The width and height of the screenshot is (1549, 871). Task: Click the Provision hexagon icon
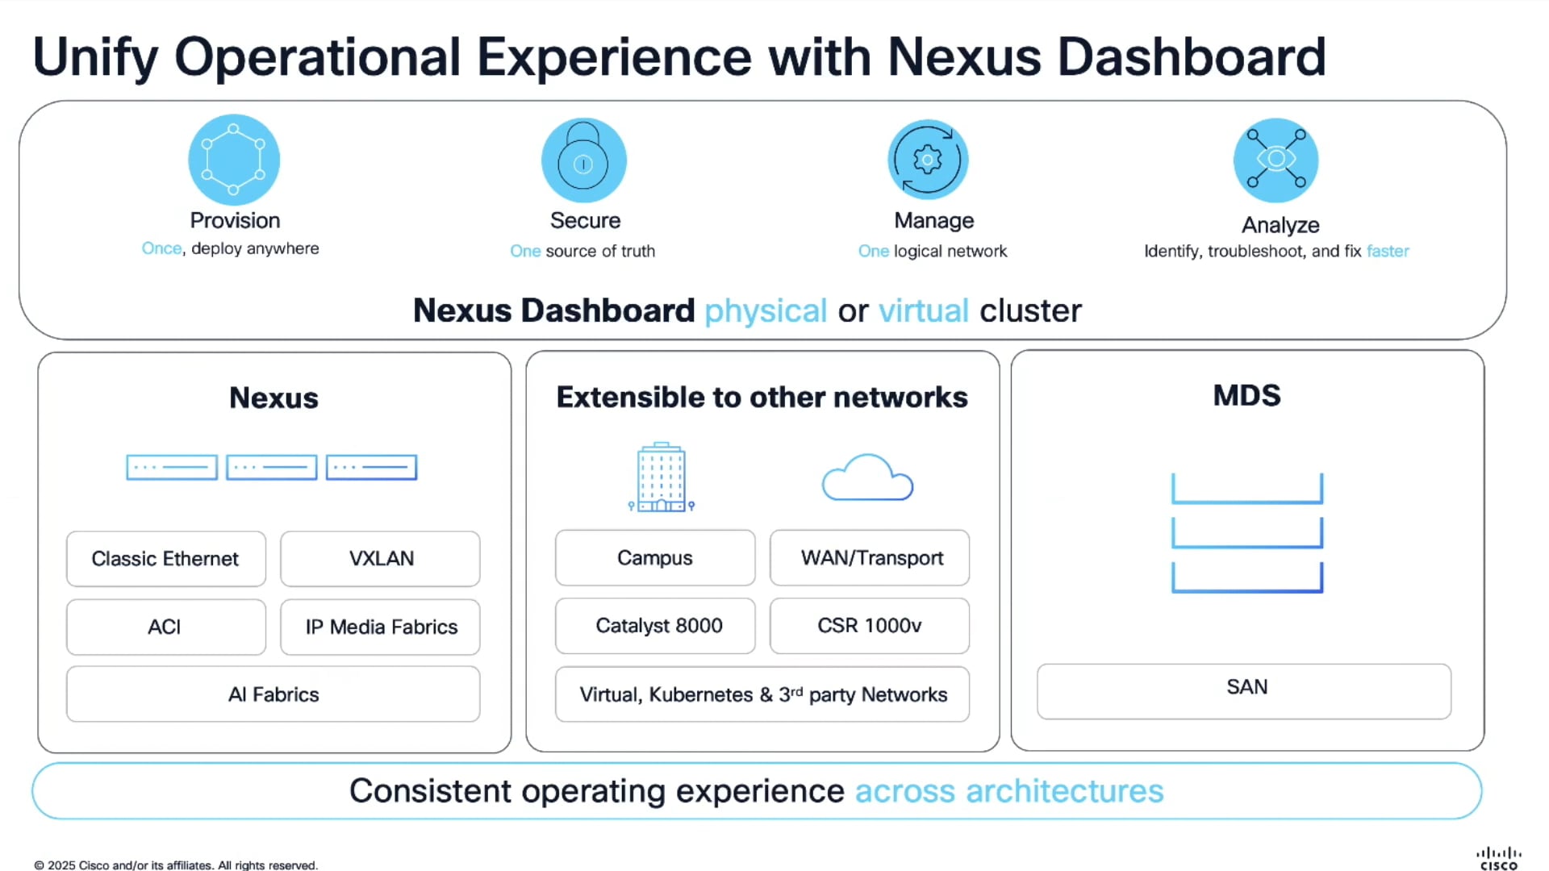(x=234, y=159)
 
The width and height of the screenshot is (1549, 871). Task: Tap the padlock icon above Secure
(x=583, y=160)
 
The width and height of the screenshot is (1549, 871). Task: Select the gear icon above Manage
(x=928, y=160)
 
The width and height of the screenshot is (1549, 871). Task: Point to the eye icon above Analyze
(x=1276, y=159)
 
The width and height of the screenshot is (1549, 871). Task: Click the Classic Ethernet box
(x=165, y=559)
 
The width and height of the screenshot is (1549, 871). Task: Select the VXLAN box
(x=380, y=559)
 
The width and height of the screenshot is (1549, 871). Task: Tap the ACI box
(x=165, y=627)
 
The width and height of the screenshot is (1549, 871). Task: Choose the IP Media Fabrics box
(x=380, y=627)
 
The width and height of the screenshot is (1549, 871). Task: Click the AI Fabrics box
(x=273, y=694)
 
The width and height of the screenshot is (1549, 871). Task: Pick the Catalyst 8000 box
(x=655, y=626)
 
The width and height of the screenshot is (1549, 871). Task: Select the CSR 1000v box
(x=869, y=626)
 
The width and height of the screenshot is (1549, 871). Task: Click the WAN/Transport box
(x=869, y=558)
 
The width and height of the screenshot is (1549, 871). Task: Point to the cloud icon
(x=867, y=478)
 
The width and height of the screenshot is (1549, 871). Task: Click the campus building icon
(x=661, y=477)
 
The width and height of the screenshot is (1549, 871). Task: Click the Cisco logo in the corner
(x=1498, y=858)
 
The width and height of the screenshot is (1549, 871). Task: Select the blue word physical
(x=765, y=311)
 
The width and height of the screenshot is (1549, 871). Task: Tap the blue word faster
(x=1388, y=252)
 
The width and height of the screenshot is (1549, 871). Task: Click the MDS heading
(x=1246, y=396)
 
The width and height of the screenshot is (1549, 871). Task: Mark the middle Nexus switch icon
(x=271, y=467)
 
